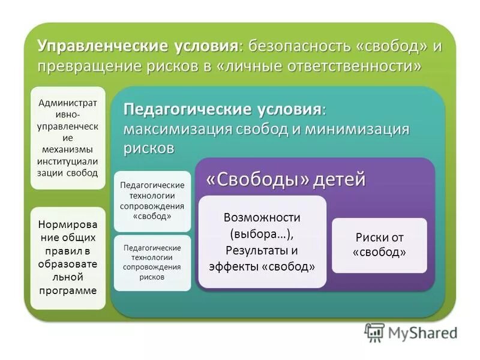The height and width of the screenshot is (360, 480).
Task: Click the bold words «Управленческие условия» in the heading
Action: [x=138, y=46]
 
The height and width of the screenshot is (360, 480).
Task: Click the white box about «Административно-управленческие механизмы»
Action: [x=68, y=137]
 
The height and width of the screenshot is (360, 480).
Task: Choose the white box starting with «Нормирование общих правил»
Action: [x=68, y=258]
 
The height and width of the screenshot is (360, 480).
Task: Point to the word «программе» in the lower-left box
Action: [x=68, y=290]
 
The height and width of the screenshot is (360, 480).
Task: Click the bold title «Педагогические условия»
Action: [x=223, y=110]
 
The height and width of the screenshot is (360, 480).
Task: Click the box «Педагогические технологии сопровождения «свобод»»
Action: [x=152, y=200]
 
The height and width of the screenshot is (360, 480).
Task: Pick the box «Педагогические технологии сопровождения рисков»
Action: [x=152, y=262]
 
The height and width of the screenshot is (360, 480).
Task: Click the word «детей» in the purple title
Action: [x=339, y=179]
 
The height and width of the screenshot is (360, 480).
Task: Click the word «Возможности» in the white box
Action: [x=262, y=217]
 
